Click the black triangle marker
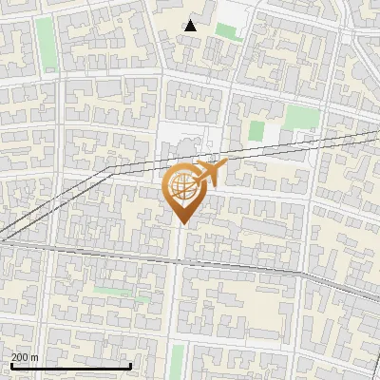coord(191,26)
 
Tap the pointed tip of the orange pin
coord(182,223)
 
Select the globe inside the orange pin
coord(182,187)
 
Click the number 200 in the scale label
coord(20,357)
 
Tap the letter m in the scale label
coord(35,357)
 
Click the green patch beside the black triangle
coord(225,30)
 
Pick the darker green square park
coord(256,131)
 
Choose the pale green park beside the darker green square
coord(302,117)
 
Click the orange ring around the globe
coord(170,180)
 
